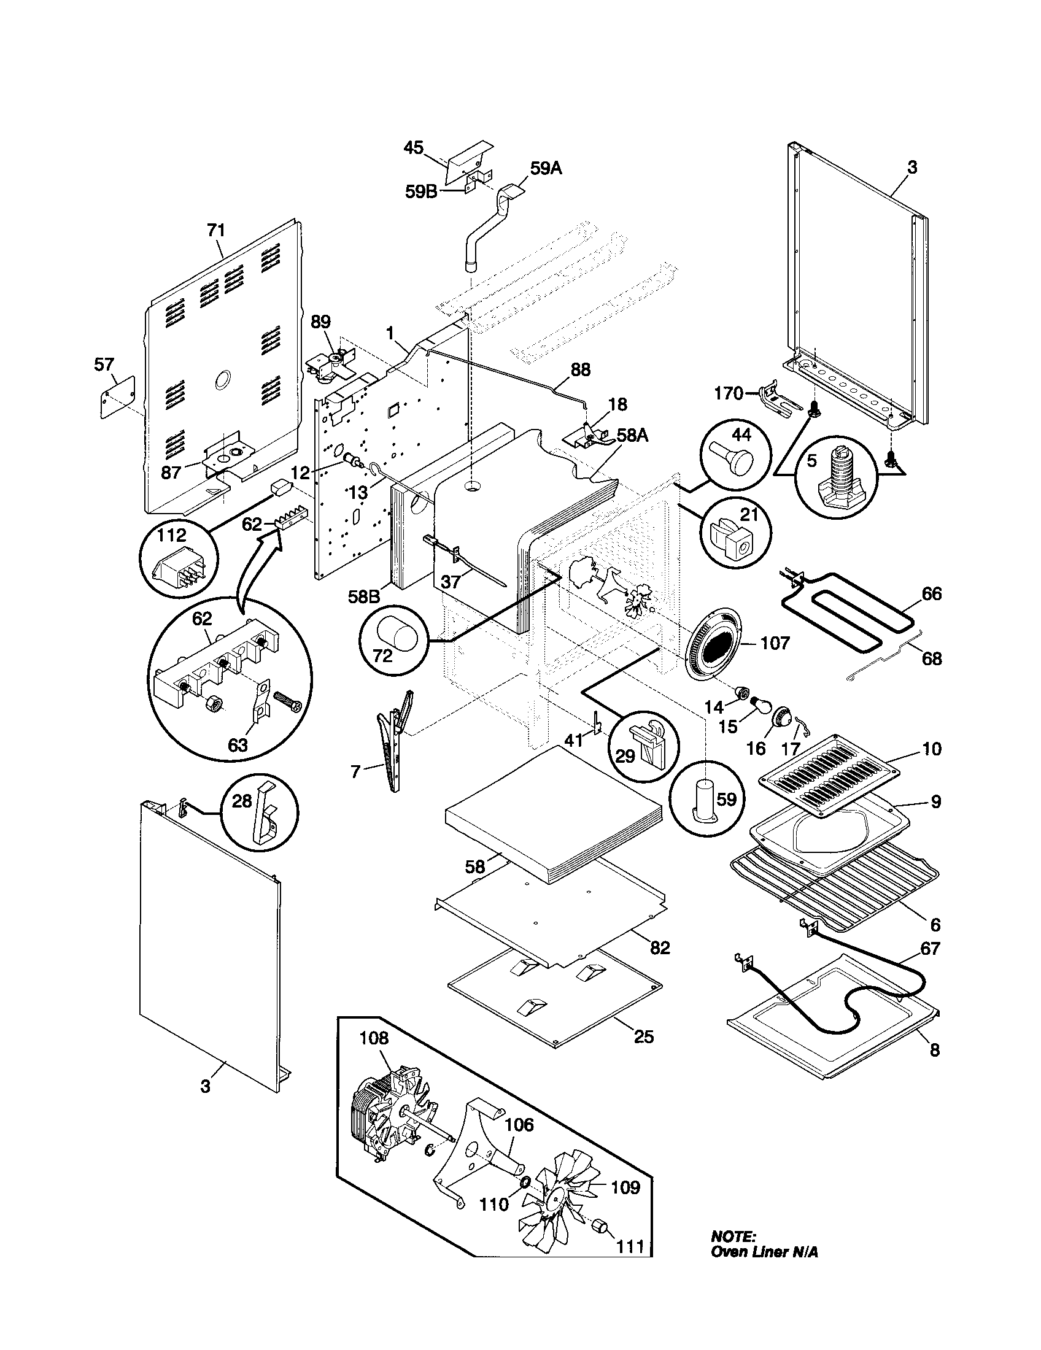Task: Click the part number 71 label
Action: [215, 231]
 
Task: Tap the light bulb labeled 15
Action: [760, 703]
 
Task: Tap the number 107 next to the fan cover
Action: [775, 643]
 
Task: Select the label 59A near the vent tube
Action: [546, 169]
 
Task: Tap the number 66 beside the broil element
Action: [931, 594]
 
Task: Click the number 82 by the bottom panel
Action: [660, 947]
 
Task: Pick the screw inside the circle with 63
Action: [288, 704]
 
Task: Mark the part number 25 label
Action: [643, 1036]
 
